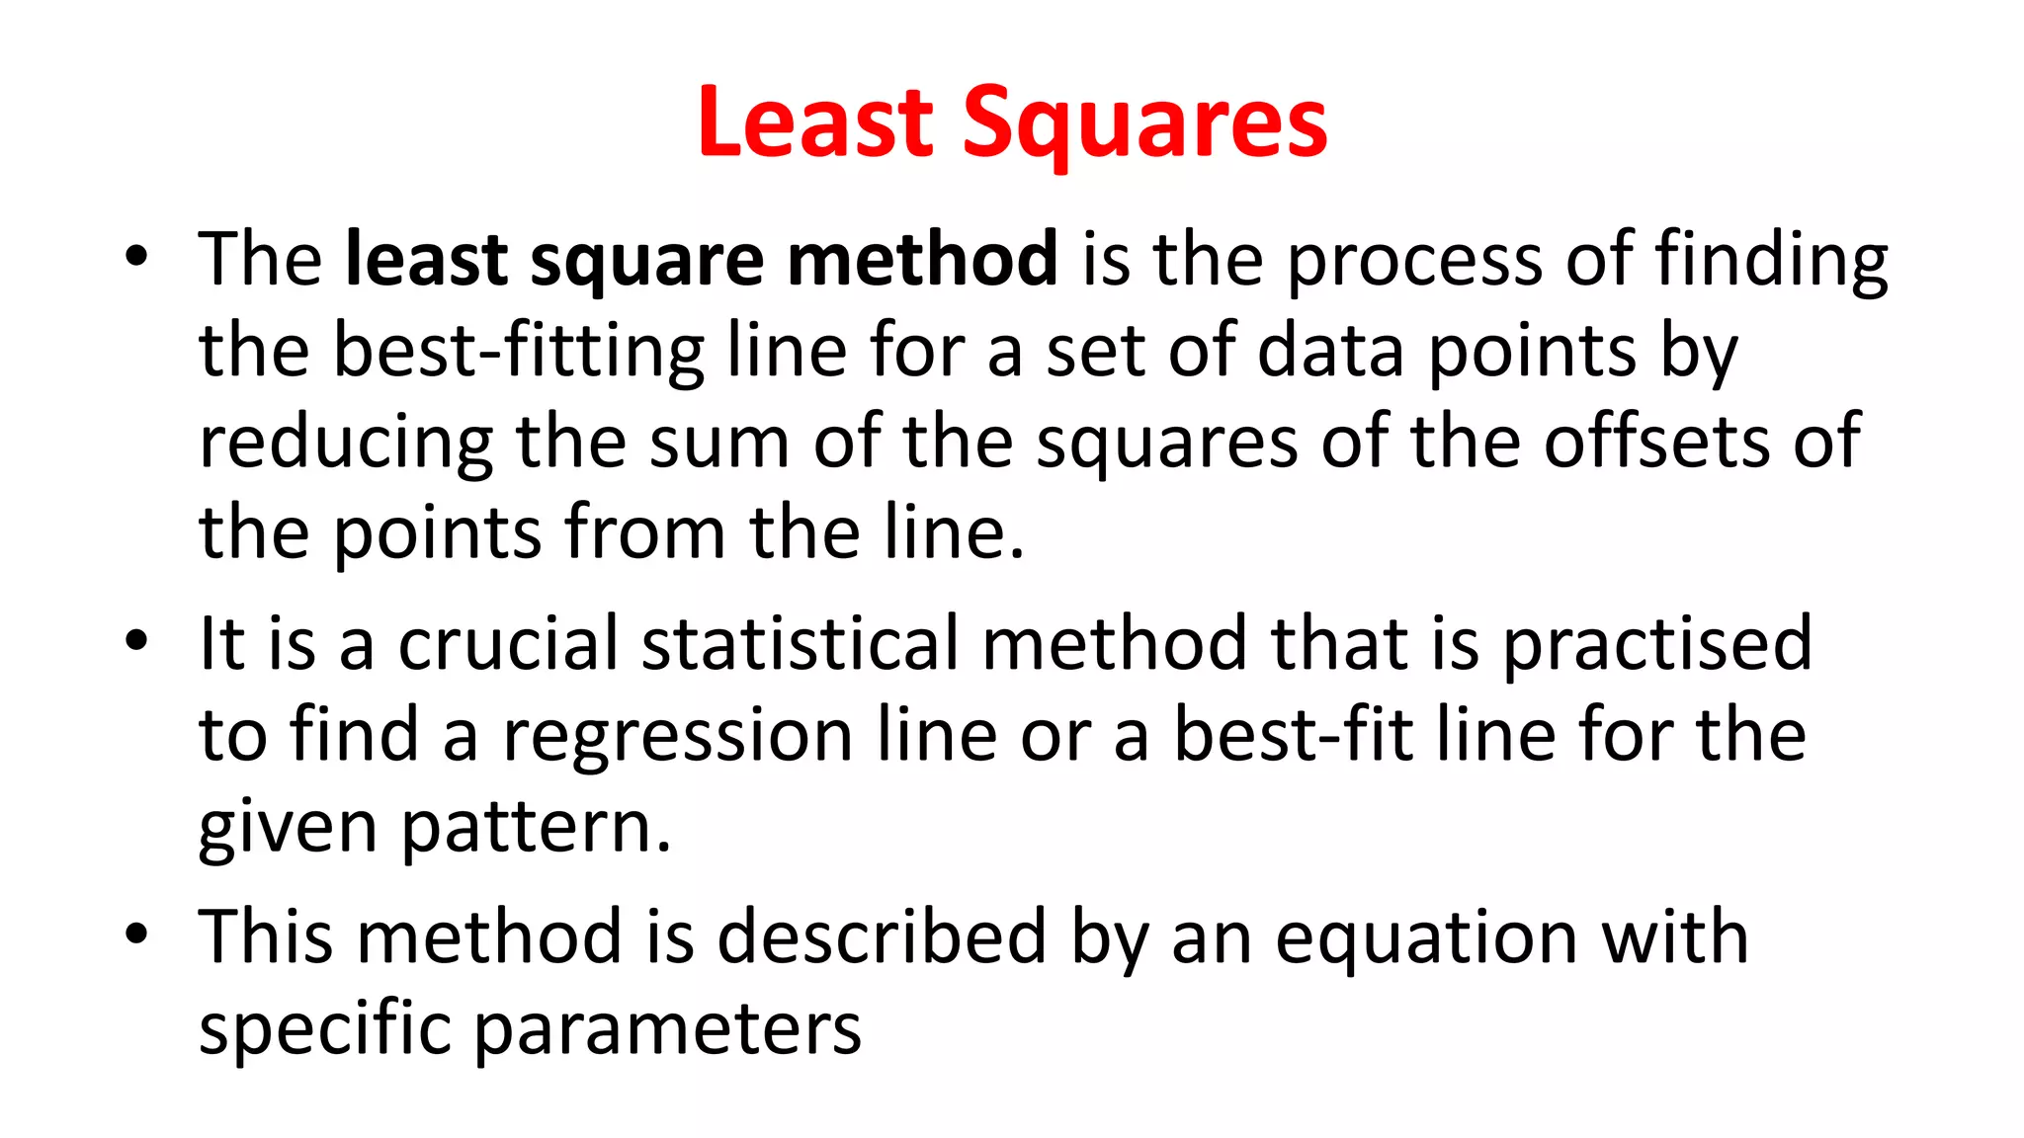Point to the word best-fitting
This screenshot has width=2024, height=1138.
tap(518, 353)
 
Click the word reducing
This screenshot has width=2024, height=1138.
tap(346, 444)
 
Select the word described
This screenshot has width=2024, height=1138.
tap(881, 936)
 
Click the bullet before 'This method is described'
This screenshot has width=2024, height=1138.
tap(136, 934)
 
